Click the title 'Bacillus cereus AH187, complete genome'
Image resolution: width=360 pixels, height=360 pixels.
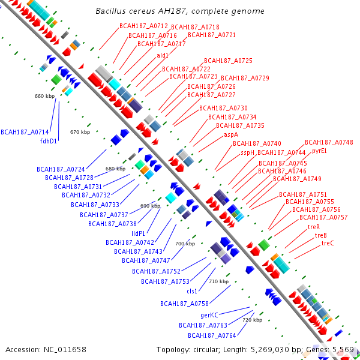coord(180,11)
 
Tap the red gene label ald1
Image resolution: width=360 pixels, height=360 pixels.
coord(163,55)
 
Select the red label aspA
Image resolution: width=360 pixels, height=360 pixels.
coord(231,135)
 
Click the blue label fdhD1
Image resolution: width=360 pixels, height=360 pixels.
coord(49,141)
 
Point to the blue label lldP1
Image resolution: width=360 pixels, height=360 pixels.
coord(138,233)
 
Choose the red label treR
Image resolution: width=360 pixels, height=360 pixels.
coord(314,227)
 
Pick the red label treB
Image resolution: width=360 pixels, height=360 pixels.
coord(321,235)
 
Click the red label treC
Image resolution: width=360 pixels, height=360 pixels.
coord(328,243)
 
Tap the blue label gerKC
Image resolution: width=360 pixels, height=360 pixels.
coord(209,315)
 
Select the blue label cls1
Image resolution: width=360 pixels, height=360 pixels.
coord(192,291)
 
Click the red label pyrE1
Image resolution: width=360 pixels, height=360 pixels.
coord(319,151)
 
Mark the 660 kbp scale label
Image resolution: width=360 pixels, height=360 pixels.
coord(45,96)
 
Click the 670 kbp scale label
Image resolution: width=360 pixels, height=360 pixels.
coord(80,132)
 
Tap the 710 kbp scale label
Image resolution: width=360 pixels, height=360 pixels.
coord(219,281)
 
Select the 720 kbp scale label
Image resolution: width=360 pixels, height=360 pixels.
coord(253,320)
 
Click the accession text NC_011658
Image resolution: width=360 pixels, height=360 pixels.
coord(65,350)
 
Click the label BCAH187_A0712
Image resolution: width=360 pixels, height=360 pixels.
coord(144,26)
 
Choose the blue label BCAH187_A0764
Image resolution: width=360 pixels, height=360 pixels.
coord(212,335)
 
